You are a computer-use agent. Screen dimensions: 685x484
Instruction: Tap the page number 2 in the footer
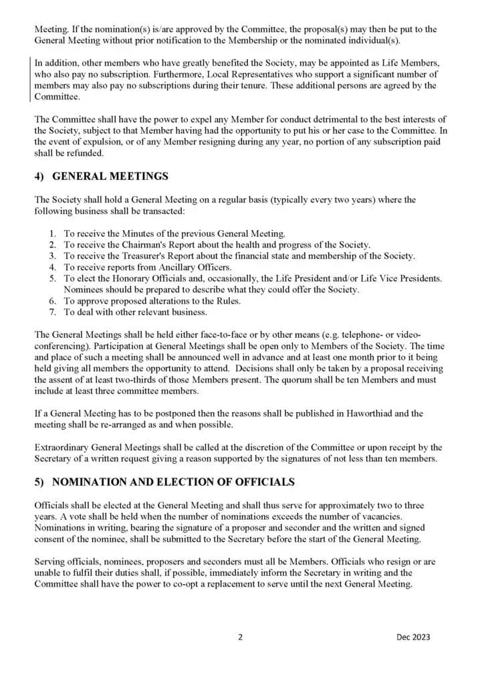(x=241, y=637)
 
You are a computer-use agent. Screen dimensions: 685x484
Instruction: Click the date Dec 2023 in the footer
(x=412, y=637)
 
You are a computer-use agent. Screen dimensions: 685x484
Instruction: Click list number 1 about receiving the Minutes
(x=53, y=233)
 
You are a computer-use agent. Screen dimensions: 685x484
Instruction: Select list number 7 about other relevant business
(x=53, y=312)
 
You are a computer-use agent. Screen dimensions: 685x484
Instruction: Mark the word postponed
(x=154, y=413)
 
